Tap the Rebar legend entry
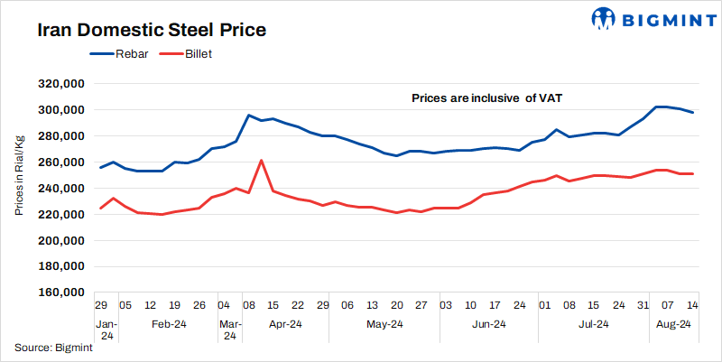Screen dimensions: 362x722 [116, 54]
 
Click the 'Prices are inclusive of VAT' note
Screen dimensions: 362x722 [487, 97]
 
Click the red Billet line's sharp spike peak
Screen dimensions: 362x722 [261, 161]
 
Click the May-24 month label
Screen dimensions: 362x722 [384, 324]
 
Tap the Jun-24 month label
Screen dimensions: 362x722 [487, 324]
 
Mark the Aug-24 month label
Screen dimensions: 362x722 [671, 324]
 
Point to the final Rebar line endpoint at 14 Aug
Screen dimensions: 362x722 [692, 113]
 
